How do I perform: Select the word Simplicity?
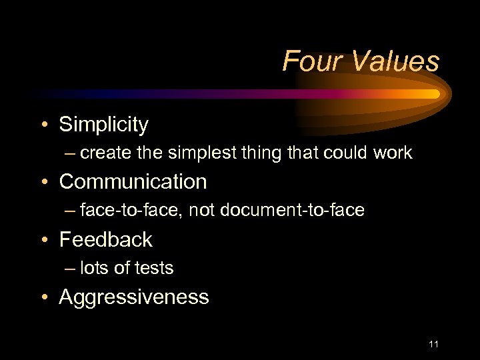click(x=103, y=125)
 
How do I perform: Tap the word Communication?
click(x=133, y=181)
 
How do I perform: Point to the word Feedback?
click(x=105, y=239)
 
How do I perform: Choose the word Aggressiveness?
click(x=133, y=297)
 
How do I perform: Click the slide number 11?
click(x=433, y=344)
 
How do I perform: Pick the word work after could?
click(x=393, y=153)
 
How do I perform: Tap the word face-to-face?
click(x=131, y=211)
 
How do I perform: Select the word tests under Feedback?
click(x=154, y=269)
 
